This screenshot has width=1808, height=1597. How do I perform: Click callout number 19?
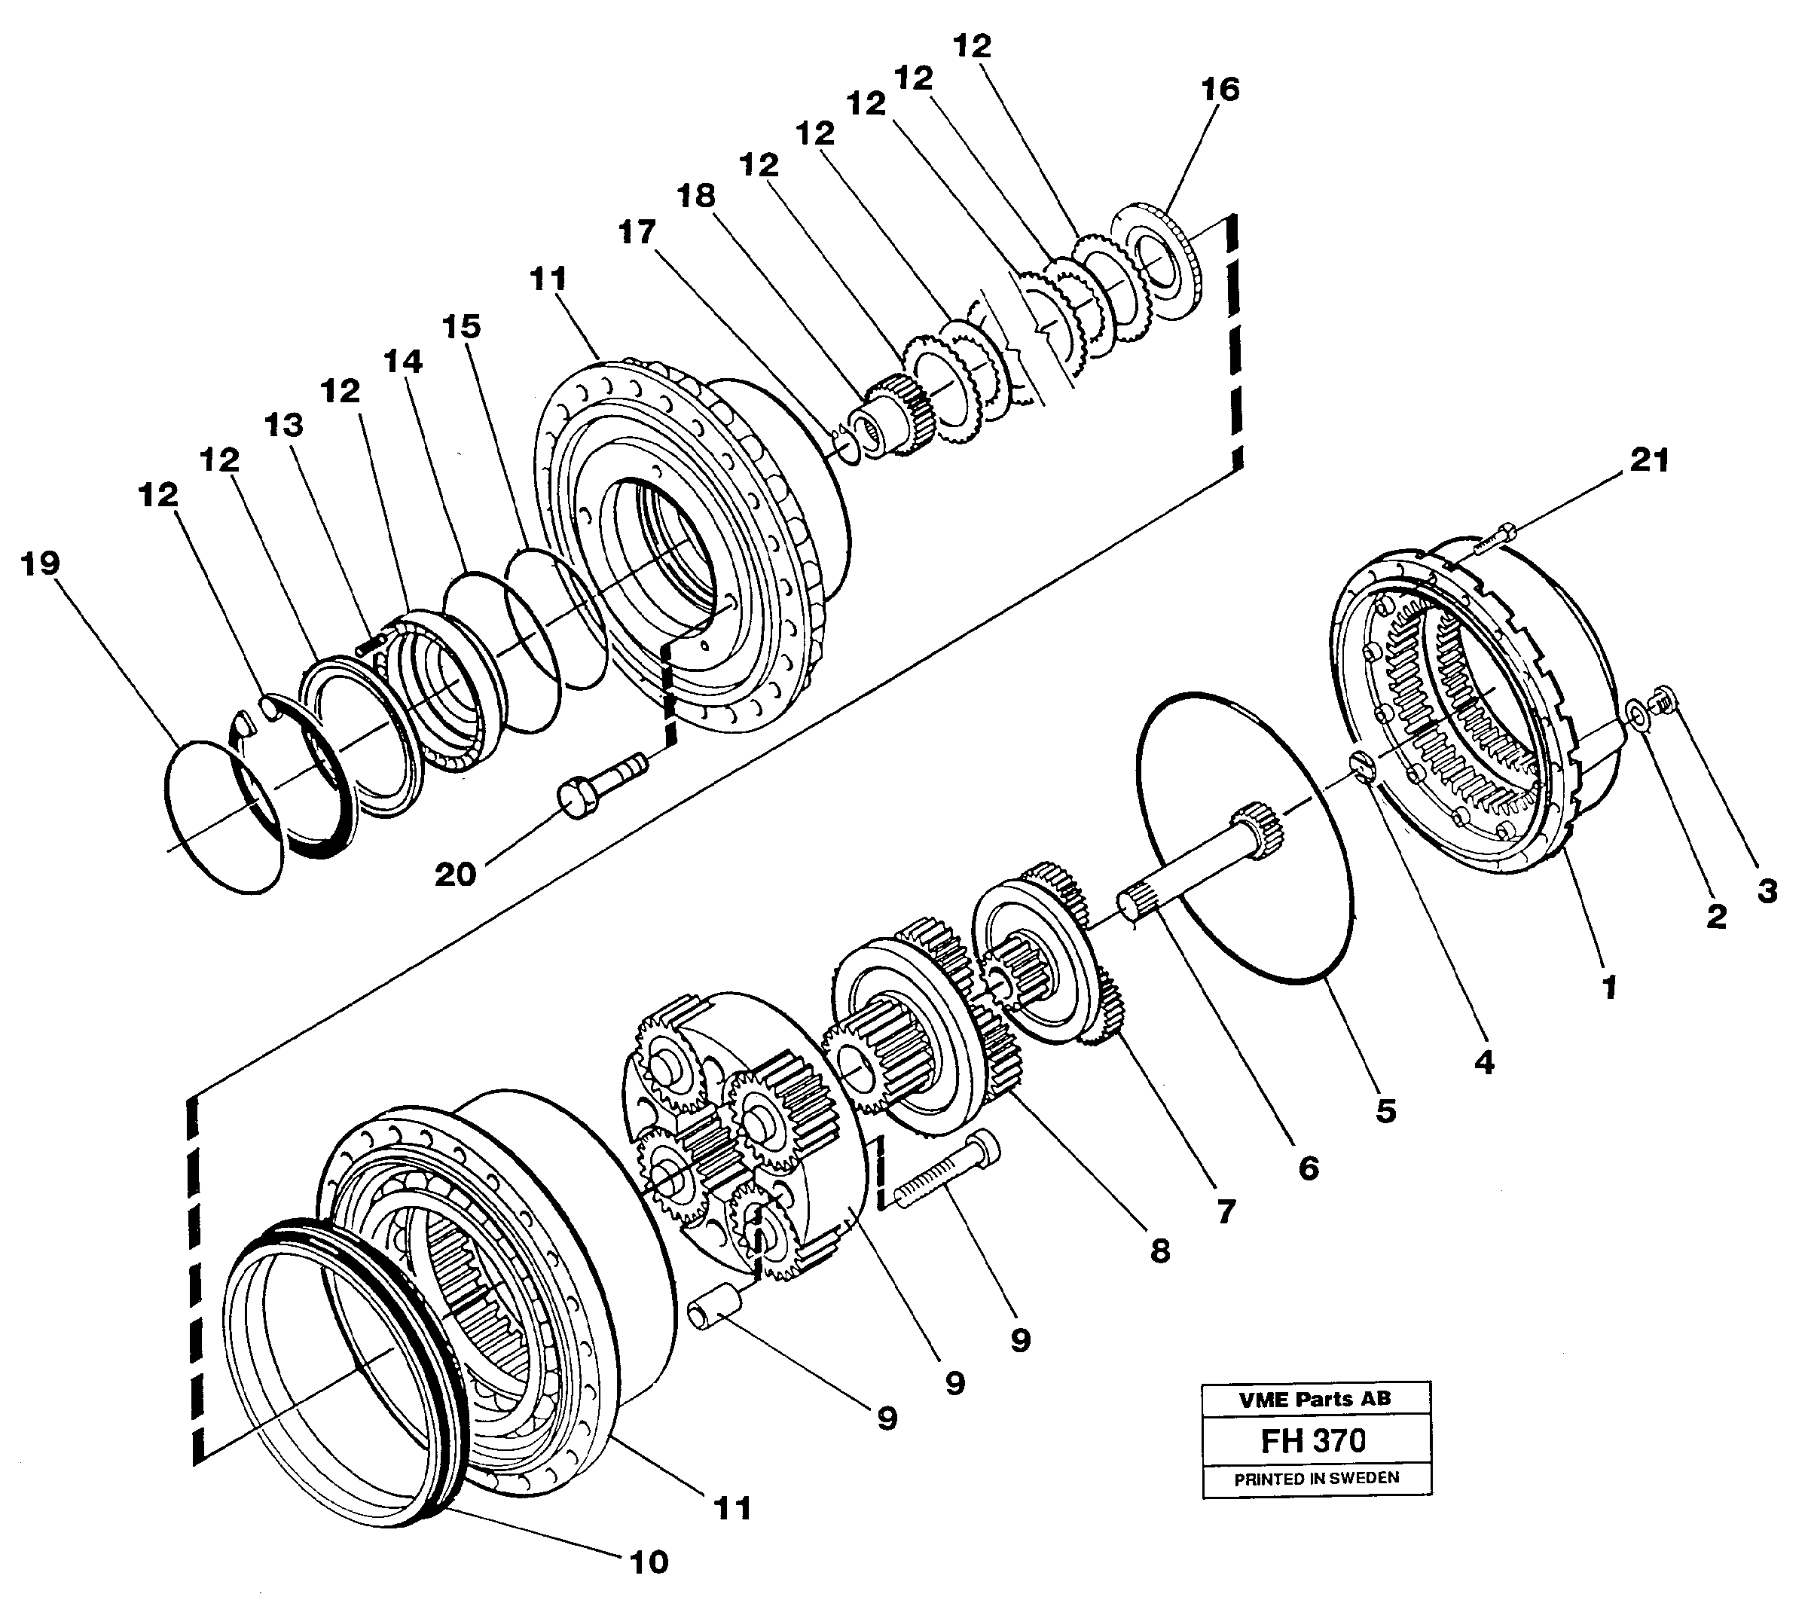point(40,563)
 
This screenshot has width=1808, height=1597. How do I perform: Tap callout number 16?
point(1220,90)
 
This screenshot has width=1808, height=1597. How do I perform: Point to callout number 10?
point(649,1562)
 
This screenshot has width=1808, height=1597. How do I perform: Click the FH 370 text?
point(1314,1440)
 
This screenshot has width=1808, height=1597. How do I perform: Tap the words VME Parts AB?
point(1315,1399)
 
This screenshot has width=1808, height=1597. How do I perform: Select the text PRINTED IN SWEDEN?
point(1316,1478)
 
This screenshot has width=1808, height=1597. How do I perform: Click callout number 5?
point(1385,1110)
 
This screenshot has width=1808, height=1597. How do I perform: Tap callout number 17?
point(637,233)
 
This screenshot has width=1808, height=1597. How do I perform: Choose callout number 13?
point(284,426)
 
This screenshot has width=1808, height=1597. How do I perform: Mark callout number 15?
point(461,326)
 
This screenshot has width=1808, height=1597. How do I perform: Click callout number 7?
point(1225,1211)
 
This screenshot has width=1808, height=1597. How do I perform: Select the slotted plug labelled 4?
point(1362,764)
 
